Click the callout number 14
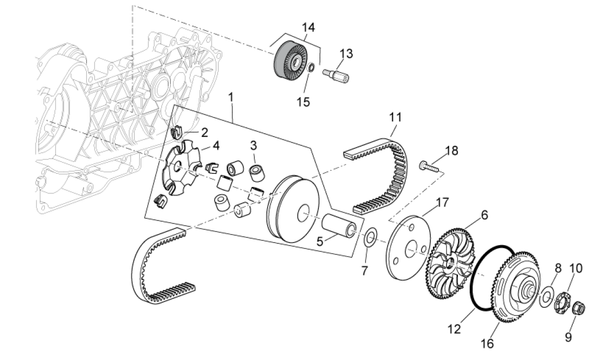point(308,27)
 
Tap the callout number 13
point(346,53)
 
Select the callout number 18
point(451,150)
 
